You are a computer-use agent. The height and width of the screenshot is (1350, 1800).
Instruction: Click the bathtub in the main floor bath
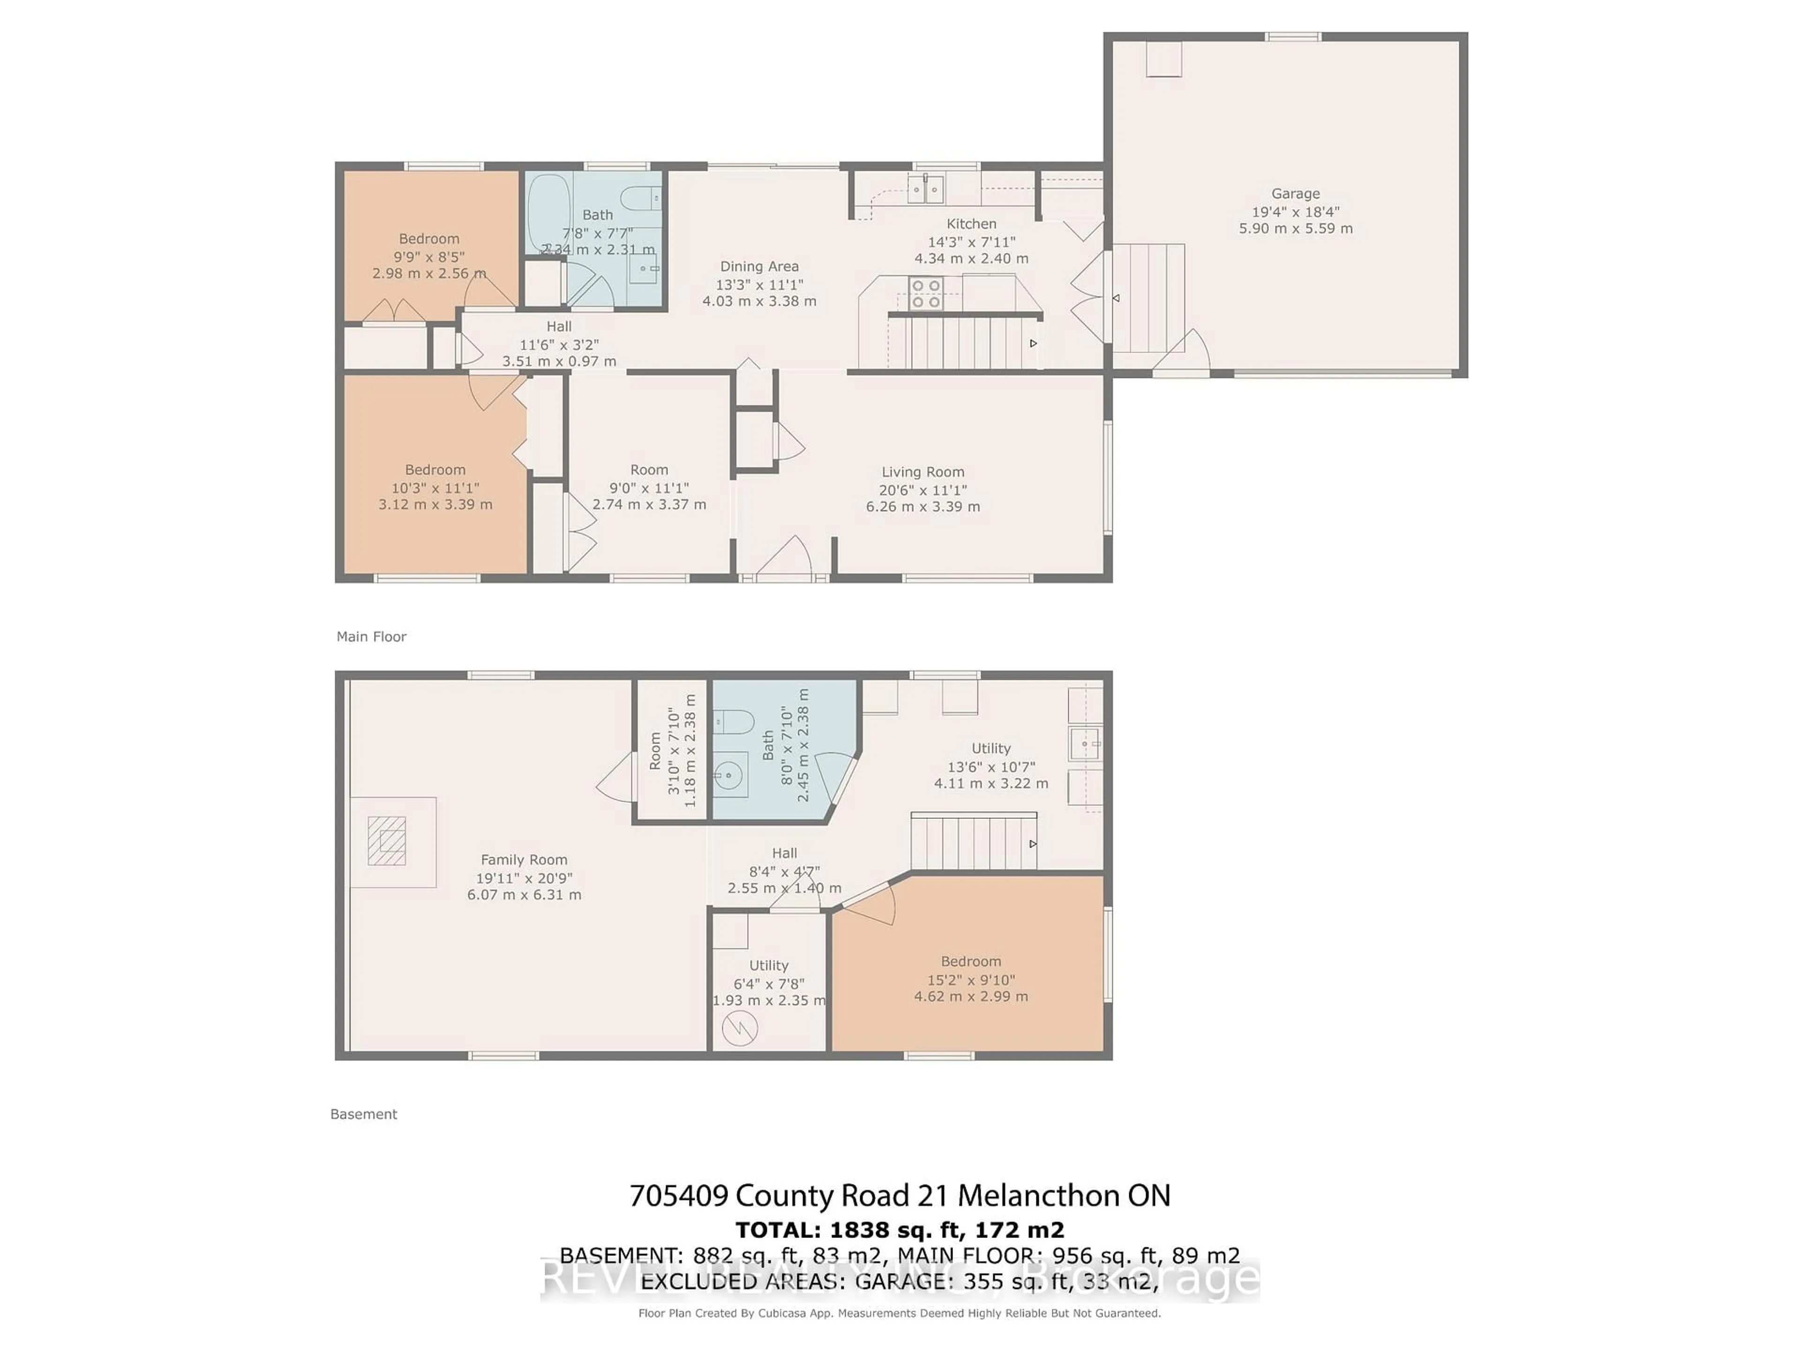[548, 213]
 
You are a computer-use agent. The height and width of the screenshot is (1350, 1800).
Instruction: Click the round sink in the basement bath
[729, 775]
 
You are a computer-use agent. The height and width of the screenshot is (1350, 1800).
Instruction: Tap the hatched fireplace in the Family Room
[387, 840]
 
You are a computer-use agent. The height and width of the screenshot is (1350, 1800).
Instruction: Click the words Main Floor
[371, 637]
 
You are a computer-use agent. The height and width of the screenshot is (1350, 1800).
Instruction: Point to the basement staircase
[973, 843]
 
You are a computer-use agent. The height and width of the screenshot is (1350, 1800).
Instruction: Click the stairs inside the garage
[1148, 298]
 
